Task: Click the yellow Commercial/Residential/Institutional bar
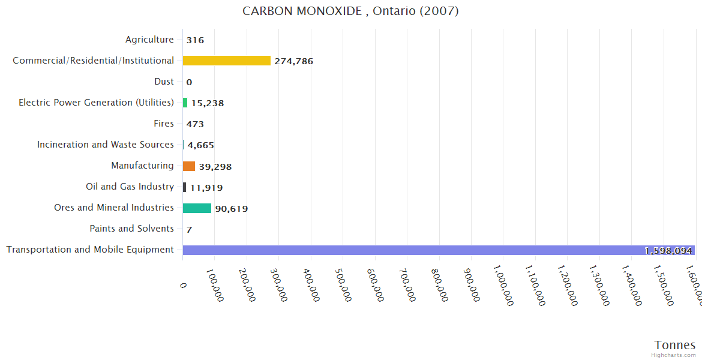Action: [227, 61]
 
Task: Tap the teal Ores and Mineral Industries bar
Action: [197, 208]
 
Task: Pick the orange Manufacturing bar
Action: [189, 166]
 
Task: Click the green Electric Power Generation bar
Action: [185, 103]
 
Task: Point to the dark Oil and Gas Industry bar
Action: [185, 187]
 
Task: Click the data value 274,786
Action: [293, 61]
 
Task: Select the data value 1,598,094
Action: [668, 251]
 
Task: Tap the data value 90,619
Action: [231, 209]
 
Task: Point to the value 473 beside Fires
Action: [195, 124]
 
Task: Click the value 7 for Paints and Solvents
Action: [189, 230]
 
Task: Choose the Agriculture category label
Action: [149, 40]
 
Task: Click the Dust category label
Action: [164, 82]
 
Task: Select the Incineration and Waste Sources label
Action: [106, 145]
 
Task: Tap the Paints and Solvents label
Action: [131, 229]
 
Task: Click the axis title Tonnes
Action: [674, 345]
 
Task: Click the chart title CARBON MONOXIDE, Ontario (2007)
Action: [350, 11]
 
